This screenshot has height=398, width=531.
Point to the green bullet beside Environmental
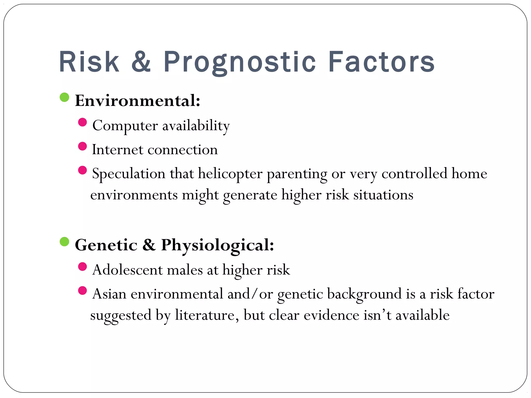64,97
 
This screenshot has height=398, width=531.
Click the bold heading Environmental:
137,101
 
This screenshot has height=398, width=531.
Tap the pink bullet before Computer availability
82,122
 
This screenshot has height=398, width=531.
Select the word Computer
125,126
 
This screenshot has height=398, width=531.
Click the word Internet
117,150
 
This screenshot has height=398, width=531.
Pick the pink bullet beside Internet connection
82,146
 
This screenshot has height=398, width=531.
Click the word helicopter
230,174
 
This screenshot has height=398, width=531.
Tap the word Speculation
129,174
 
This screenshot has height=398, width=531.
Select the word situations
383,195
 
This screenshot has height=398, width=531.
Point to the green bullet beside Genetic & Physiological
64,241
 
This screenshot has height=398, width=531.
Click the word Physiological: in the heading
217,245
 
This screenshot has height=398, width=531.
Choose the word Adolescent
127,270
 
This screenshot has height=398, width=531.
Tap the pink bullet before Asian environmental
82,290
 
